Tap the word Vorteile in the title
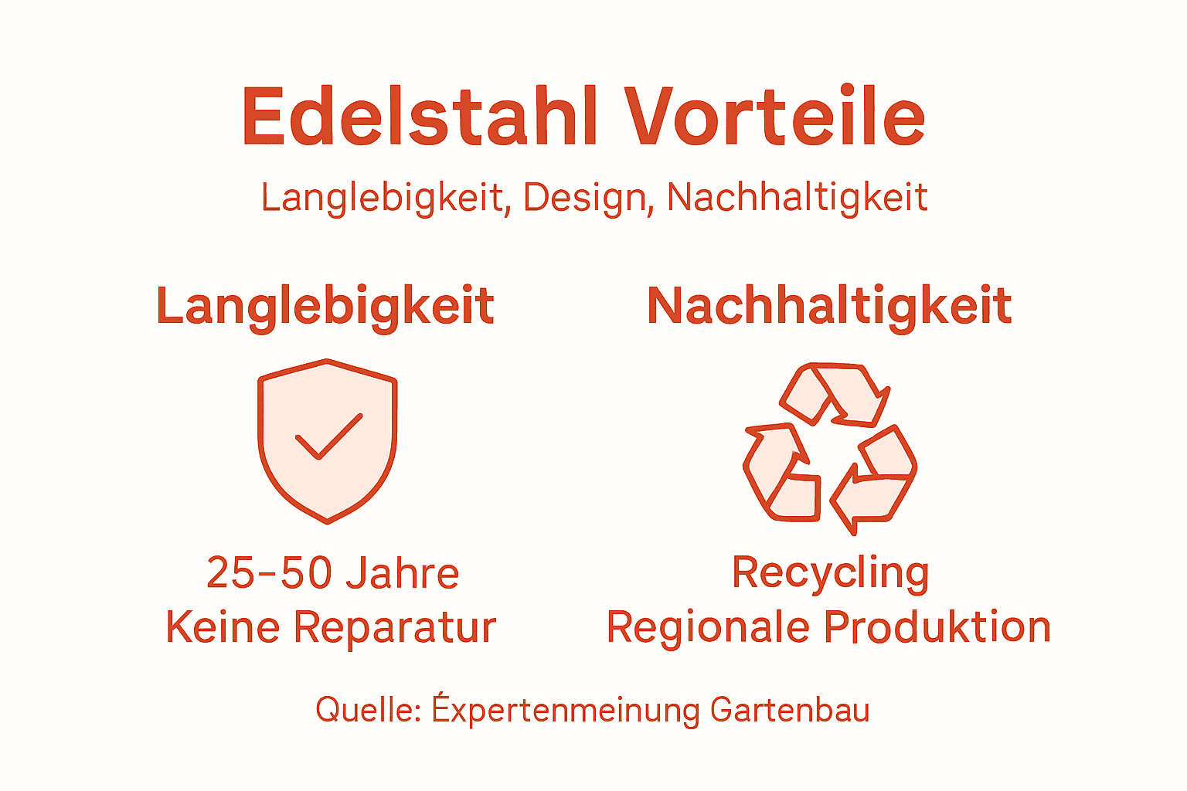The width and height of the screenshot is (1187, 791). (775, 117)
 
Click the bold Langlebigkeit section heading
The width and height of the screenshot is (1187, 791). (325, 307)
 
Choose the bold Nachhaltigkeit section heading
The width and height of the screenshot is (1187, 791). (829, 307)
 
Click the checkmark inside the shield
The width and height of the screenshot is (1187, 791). (328, 437)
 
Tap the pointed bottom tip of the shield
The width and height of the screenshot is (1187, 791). (328, 520)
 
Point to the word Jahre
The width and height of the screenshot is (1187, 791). (402, 573)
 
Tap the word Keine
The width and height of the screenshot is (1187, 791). (223, 627)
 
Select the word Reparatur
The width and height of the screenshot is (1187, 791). (395, 627)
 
